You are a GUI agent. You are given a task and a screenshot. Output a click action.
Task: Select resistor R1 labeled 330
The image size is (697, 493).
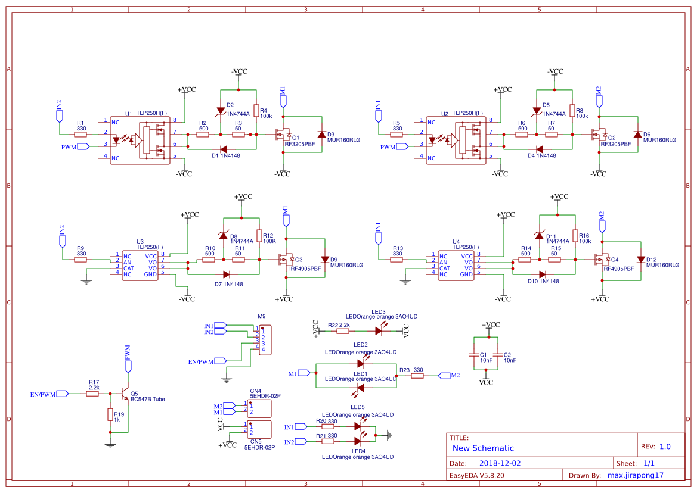pyautogui.click(x=80, y=135)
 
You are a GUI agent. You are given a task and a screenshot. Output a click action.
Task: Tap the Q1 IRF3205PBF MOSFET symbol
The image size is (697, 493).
pyautogui.click(x=284, y=135)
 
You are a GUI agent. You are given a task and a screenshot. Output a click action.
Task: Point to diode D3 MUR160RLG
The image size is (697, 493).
pyautogui.click(x=322, y=135)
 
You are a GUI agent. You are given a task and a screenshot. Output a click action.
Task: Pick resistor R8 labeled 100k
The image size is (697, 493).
pyautogui.click(x=572, y=111)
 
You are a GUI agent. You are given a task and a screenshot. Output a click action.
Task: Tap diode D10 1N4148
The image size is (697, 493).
pyautogui.click(x=542, y=274)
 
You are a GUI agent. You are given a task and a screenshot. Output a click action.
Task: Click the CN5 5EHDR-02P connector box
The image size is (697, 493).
pyautogui.click(x=259, y=429)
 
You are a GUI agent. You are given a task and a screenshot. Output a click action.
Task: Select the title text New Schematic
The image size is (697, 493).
pyautogui.click(x=482, y=448)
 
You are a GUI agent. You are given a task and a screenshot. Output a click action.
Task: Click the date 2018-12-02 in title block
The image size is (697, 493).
pyautogui.click(x=500, y=463)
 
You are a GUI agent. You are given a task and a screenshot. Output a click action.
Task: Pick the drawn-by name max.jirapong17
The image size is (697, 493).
pyautogui.click(x=635, y=476)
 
